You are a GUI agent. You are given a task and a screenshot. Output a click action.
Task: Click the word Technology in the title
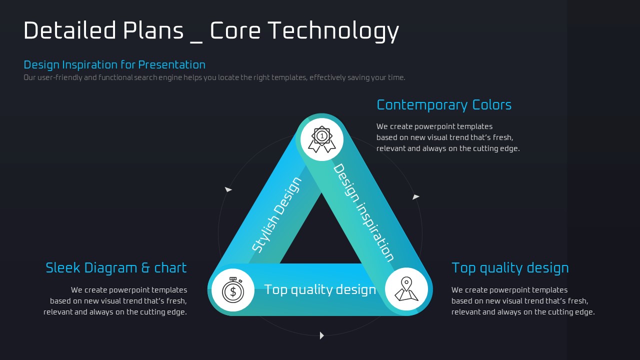coord(333,31)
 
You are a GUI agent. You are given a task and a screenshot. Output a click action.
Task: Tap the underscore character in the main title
coord(196,42)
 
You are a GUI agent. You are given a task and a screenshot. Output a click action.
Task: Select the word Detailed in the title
coord(69,30)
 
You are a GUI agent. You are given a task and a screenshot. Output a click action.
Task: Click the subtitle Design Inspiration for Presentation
coord(114,65)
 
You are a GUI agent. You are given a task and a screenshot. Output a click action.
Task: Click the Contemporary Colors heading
coord(444,105)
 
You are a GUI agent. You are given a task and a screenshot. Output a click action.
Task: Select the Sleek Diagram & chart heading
coord(116,268)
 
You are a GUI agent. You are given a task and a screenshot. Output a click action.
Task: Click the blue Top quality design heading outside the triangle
coord(510,268)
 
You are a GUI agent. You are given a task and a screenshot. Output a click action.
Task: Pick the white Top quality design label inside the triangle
coord(320,289)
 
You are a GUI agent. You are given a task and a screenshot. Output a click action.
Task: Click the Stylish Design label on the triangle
coord(276,215)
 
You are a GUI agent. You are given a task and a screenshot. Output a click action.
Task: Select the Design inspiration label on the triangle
coord(363,212)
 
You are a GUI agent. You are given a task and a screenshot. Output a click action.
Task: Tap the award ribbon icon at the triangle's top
coord(321,139)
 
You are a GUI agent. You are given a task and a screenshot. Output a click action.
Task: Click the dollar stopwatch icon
coord(233,289)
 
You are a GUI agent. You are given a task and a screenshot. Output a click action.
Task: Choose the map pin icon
coord(406,289)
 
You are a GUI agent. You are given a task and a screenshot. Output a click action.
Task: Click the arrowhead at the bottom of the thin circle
coord(321,335)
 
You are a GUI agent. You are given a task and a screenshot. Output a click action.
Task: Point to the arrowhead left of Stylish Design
coord(228,189)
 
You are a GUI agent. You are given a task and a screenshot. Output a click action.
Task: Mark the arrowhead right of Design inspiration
coord(416,197)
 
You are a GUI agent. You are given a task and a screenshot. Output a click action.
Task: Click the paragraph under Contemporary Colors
coord(448,137)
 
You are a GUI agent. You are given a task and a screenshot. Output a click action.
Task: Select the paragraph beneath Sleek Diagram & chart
coord(115,301)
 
